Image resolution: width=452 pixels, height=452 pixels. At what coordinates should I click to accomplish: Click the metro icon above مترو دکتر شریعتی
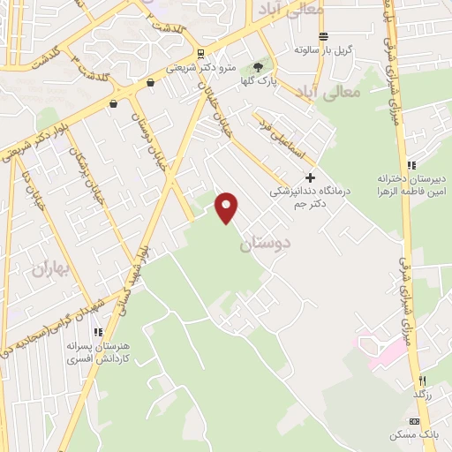tap(201, 52)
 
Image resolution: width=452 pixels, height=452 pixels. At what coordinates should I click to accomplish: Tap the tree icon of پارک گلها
tap(259, 67)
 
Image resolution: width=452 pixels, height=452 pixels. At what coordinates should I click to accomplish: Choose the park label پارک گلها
tap(260, 80)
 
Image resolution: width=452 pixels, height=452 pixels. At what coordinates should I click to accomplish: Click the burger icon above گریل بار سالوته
tap(324, 36)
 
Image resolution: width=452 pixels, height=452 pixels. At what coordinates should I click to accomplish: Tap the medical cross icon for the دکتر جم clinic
tap(310, 177)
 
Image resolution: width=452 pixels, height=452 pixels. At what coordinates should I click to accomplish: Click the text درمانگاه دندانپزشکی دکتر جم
tap(309, 195)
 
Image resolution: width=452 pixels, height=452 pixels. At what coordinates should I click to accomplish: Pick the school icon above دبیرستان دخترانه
tap(411, 164)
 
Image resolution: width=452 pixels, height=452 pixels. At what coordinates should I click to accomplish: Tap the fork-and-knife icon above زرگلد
tap(423, 380)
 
